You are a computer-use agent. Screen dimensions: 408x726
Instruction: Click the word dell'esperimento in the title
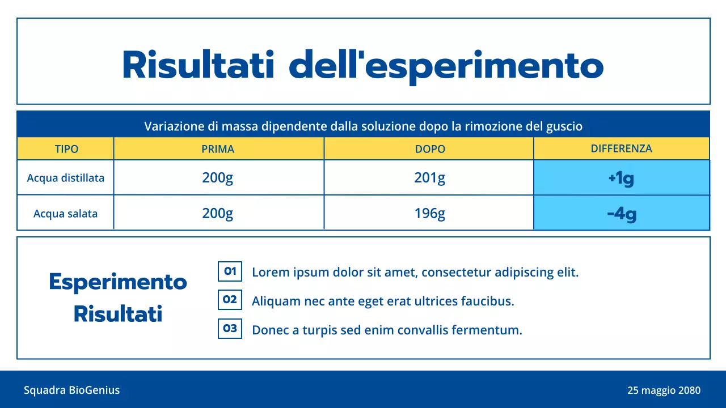446,66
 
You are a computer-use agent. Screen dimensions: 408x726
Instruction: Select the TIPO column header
66,150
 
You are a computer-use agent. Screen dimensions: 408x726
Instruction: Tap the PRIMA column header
218,150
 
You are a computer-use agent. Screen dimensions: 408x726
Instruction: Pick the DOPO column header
430,150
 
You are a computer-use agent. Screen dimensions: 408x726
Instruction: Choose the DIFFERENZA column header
621,148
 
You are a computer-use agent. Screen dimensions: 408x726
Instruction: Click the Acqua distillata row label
66,178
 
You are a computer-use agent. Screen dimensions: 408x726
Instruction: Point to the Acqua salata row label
66,214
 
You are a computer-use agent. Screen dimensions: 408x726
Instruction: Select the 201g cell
429,178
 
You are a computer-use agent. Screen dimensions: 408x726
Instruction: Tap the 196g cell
429,213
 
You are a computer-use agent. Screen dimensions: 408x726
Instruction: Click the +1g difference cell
621,178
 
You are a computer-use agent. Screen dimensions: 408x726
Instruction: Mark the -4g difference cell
621,214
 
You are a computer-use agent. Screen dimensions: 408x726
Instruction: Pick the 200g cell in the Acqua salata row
218,213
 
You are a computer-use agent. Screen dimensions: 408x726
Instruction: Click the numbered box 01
230,271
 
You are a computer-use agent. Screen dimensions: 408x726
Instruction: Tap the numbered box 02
230,300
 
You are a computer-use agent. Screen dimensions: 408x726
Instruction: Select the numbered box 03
230,329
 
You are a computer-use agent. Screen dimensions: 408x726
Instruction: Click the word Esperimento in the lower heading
118,282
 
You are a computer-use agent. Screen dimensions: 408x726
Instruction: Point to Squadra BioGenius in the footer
71,390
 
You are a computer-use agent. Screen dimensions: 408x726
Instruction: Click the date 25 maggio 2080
664,390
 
